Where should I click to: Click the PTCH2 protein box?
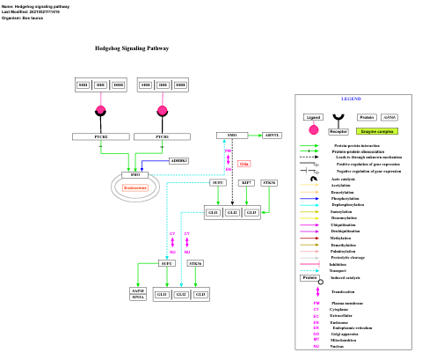(101, 136)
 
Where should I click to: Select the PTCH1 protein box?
(162, 136)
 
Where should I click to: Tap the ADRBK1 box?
(178, 160)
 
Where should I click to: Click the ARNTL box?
(273, 135)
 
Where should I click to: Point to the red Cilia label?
(244, 164)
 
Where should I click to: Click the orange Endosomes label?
(135, 187)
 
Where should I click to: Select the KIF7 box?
(247, 182)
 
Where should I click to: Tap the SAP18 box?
(138, 290)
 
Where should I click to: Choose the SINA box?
(138, 298)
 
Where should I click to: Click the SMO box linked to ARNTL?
(232, 135)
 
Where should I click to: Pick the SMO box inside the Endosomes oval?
(135, 175)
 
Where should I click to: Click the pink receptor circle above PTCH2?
(100, 110)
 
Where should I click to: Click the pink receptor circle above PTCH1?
(162, 111)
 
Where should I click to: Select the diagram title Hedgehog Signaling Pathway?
(132, 48)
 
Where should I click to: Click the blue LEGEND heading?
(351, 99)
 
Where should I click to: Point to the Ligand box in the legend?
(312, 116)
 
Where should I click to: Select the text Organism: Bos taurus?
(25, 18)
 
